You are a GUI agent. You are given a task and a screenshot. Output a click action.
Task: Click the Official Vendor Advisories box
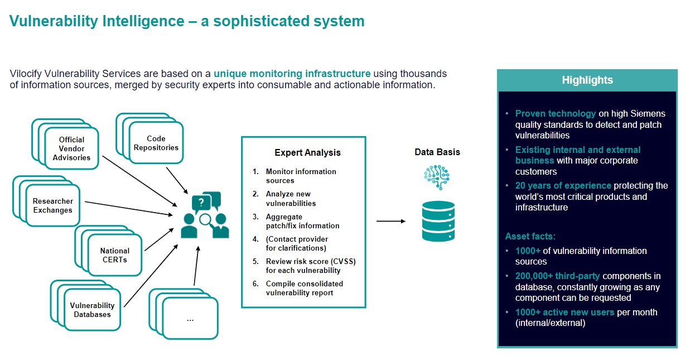(x=71, y=148)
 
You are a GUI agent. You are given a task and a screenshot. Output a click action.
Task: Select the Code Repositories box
(x=156, y=143)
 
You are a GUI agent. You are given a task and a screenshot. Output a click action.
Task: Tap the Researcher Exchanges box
(x=53, y=205)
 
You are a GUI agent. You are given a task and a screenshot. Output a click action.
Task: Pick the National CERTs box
(x=115, y=255)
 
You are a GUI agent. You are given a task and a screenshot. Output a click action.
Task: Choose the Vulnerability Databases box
(x=92, y=310)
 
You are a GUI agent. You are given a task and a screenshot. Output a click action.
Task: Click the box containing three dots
(x=190, y=318)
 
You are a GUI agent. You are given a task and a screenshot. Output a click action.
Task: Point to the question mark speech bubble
(x=201, y=203)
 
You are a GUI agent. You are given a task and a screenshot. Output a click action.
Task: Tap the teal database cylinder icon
(x=438, y=221)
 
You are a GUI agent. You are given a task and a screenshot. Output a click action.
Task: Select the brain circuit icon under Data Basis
(x=437, y=177)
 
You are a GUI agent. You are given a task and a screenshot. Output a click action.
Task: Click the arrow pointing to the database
(x=391, y=221)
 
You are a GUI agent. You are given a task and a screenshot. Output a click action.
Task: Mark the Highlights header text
(x=587, y=80)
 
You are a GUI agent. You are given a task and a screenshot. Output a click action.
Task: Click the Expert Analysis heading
(x=307, y=153)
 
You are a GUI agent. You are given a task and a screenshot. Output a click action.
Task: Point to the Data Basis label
(x=437, y=152)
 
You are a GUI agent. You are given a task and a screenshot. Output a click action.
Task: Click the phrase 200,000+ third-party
(x=558, y=276)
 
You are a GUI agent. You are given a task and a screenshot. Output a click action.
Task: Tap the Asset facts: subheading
(x=530, y=236)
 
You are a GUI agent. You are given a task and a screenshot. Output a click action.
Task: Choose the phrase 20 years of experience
(x=563, y=186)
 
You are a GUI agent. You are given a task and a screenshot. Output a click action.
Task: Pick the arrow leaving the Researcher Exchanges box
(x=129, y=208)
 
